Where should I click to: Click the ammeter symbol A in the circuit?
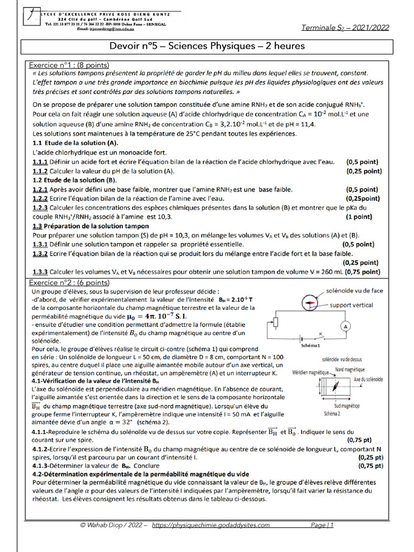pos(347,326)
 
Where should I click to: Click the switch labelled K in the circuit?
pos(322,335)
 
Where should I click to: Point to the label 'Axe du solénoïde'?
pos(369,379)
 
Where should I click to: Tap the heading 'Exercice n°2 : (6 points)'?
pos(69,282)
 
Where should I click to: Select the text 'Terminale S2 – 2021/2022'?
pos(345,27)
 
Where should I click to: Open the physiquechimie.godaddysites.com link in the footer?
pos(211,525)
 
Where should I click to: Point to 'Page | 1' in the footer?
pos(322,525)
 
